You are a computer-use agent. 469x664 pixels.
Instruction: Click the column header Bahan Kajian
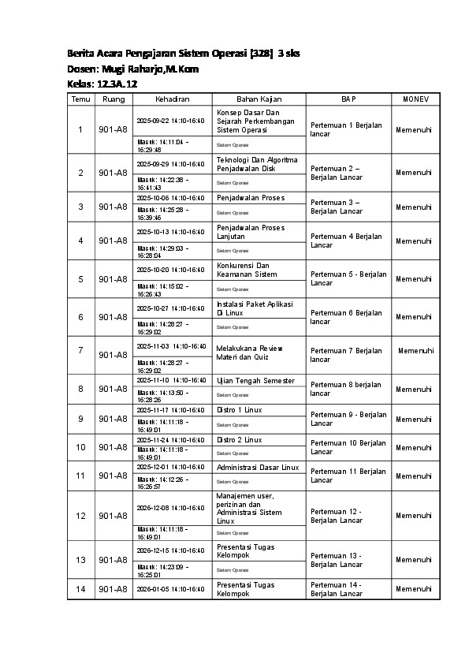click(259, 99)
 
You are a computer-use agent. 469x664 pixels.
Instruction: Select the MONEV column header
click(415, 99)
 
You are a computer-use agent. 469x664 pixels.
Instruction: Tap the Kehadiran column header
click(172, 99)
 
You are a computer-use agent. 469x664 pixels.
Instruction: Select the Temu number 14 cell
click(80, 589)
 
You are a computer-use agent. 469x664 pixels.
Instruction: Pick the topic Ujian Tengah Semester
click(255, 381)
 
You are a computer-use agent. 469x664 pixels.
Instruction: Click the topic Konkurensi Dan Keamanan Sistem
click(247, 270)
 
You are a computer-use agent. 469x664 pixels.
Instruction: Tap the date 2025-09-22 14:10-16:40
click(171, 121)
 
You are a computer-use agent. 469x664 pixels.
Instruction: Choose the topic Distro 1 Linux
click(240, 410)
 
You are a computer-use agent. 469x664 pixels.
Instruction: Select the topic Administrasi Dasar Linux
click(258, 468)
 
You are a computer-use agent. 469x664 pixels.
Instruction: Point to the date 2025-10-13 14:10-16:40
click(171, 232)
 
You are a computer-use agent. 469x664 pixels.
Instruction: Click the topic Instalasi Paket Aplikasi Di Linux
click(255, 308)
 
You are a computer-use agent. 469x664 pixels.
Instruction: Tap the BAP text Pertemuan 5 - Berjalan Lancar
click(348, 278)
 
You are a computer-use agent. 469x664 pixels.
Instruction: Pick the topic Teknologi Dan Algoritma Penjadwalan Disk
click(257, 163)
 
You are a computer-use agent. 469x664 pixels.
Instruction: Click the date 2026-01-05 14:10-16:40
click(171, 589)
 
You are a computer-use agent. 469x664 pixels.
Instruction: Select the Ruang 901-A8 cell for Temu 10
click(112, 447)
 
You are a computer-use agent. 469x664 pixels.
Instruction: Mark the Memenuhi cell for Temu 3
click(414, 207)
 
